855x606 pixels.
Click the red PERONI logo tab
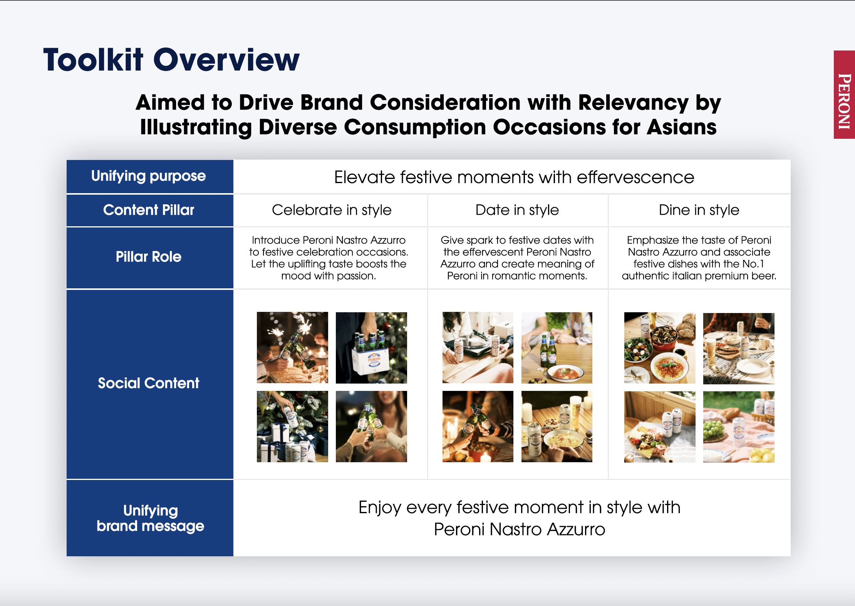[x=844, y=94]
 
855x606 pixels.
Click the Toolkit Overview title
[x=171, y=60]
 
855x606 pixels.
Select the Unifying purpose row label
[x=149, y=176]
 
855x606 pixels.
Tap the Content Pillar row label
[x=149, y=210]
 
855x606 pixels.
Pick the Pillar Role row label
[x=149, y=257]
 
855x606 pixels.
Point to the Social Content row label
[x=149, y=383]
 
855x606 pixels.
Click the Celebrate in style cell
[x=332, y=210]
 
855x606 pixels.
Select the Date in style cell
[x=517, y=210]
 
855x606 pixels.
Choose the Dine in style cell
[x=699, y=210]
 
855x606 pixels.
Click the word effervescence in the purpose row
[x=635, y=177]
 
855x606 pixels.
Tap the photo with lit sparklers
[x=292, y=347]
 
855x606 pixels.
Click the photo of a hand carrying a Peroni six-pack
[x=371, y=348]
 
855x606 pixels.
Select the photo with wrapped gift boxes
[x=292, y=426]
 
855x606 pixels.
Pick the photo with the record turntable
[x=478, y=347]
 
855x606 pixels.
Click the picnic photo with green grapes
[x=739, y=427]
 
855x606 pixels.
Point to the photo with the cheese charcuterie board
[x=660, y=427]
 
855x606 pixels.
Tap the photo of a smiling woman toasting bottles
[x=371, y=426]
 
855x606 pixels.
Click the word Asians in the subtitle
[x=682, y=127]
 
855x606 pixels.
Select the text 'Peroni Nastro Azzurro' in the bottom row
[x=520, y=529]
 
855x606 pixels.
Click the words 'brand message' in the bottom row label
[x=150, y=526]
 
